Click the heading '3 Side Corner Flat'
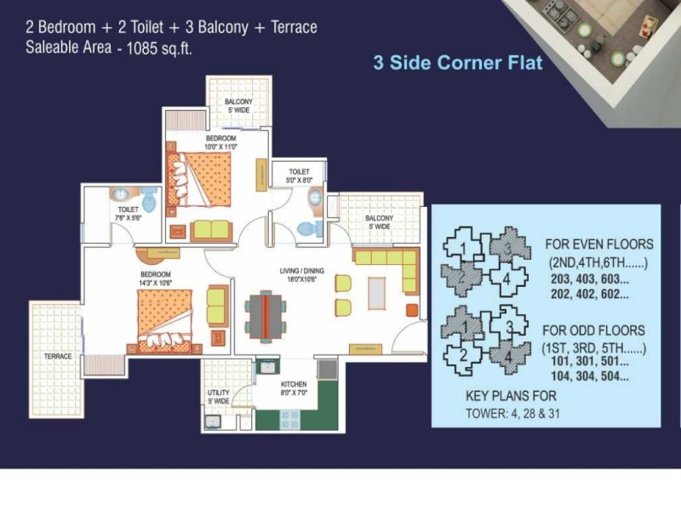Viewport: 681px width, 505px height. coord(458,62)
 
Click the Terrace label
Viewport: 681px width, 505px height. coord(59,355)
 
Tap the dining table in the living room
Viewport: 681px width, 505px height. coord(265,315)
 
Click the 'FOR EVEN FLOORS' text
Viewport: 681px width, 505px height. coord(599,245)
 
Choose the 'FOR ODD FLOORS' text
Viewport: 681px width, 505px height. coord(595,330)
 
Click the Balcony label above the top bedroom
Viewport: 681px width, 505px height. coord(238,105)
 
